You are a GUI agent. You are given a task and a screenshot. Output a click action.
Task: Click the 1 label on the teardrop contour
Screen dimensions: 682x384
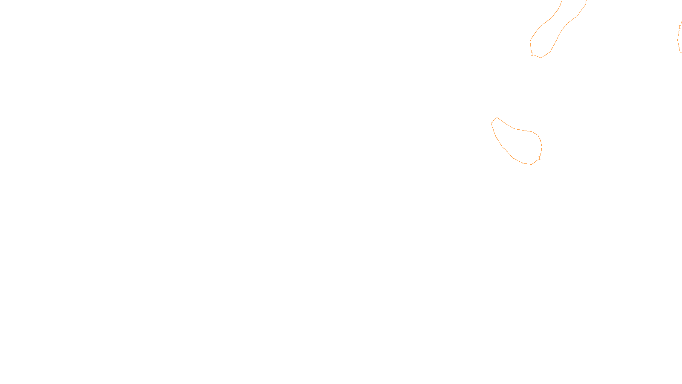click(x=539, y=158)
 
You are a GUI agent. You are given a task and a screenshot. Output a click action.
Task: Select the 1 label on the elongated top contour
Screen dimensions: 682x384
click(x=532, y=55)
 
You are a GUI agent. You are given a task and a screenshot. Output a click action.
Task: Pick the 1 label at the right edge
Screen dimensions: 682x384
click(x=679, y=27)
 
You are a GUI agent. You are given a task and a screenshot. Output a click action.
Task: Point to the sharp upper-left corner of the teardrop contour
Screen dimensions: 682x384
click(x=496, y=117)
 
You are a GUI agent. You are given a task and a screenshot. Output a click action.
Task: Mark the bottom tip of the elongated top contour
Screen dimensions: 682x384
click(x=541, y=57)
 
